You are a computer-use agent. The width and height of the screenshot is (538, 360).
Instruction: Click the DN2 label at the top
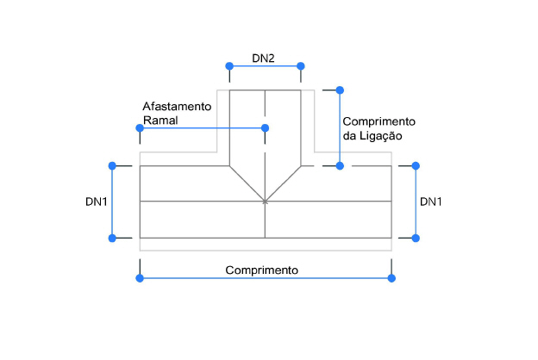coord(263,58)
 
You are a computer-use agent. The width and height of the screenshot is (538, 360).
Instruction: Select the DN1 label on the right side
coord(431,202)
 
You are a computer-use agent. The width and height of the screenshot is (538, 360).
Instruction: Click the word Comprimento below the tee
coord(262,270)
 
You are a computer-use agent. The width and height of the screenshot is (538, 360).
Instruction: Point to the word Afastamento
coord(177,106)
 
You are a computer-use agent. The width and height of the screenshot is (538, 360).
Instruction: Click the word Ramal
coord(160,121)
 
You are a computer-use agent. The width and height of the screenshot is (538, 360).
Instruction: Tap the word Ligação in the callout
coord(382,136)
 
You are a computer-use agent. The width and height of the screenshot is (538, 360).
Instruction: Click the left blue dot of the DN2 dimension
coord(229,66)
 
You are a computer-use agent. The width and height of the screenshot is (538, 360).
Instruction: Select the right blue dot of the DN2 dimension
coord(301,66)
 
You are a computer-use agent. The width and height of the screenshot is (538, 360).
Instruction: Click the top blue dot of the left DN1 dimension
coord(111,164)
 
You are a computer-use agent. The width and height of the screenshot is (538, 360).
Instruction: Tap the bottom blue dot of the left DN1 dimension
coord(111,238)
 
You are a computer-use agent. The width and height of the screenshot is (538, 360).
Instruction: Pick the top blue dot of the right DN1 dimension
coord(416,164)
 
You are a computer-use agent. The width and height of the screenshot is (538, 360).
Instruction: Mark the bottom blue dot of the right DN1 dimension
coord(416,238)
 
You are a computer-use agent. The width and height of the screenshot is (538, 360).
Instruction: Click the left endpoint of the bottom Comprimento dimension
coord(139,277)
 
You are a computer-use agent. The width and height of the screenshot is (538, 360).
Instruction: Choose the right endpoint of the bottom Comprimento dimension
coord(391,277)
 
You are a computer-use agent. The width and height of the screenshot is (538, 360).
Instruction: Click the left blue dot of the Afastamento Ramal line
coord(139,128)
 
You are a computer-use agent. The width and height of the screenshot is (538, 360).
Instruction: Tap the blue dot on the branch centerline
coord(266,128)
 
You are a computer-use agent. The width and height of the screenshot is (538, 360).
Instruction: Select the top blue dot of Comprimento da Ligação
coord(340,90)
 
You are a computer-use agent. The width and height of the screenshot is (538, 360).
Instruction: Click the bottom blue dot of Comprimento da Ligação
coord(340,164)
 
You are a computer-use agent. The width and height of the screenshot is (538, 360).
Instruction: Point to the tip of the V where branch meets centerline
coord(266,202)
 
